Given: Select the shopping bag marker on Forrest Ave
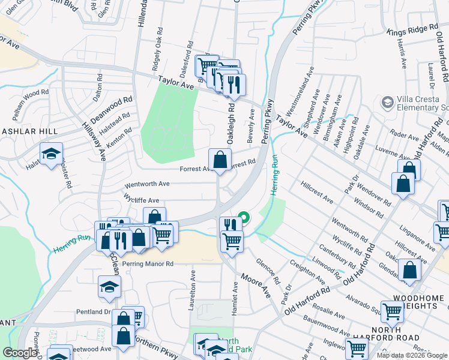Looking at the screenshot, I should pyautogui.click(x=220, y=160).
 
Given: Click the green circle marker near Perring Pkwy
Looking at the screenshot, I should pyautogui.click(x=244, y=217).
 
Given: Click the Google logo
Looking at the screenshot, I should pyautogui.click(x=20, y=352).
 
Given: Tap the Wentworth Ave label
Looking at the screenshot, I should pyautogui.click(x=148, y=184).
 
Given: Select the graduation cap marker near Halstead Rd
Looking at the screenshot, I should pyautogui.click(x=52, y=154).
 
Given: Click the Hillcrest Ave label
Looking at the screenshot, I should pyautogui.click(x=318, y=189).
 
